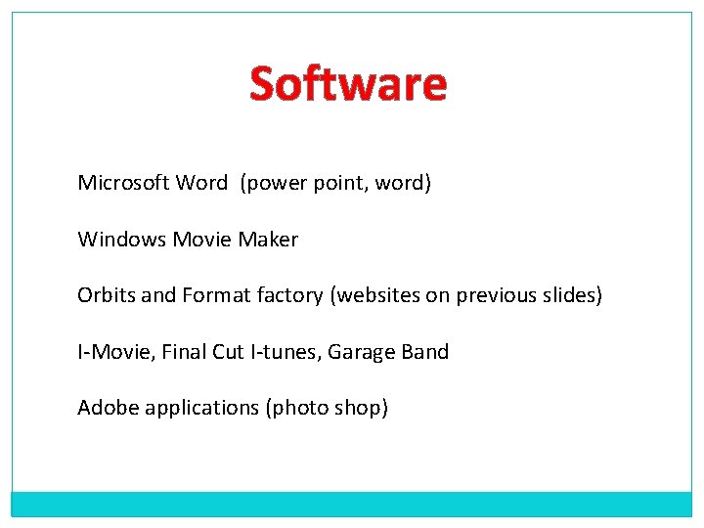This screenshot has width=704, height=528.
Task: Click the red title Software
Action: [348, 84]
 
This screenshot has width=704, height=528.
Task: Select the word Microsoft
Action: [123, 183]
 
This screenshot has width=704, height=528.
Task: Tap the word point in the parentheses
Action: [334, 183]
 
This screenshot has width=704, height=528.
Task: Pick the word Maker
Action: [269, 240]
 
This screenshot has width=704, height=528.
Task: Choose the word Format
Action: [216, 295]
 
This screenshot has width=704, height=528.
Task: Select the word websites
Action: [377, 295]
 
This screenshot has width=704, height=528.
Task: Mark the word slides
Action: [571, 295]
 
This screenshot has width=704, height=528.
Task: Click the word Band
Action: [426, 352]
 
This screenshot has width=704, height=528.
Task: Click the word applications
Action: [201, 408]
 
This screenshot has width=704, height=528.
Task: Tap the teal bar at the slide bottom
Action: [352, 503]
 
